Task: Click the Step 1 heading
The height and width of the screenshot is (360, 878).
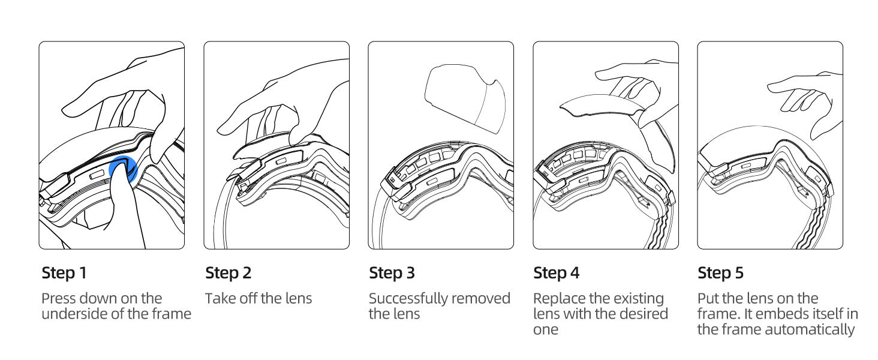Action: click(x=64, y=273)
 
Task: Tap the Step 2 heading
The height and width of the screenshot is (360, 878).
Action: click(x=228, y=273)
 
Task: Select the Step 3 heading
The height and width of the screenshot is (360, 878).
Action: click(x=392, y=273)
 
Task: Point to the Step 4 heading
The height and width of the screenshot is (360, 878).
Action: click(x=557, y=273)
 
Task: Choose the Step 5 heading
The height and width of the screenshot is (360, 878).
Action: click(x=720, y=273)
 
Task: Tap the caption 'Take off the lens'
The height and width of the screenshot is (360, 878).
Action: click(x=258, y=298)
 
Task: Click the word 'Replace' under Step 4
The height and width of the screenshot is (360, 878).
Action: click(x=558, y=298)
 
